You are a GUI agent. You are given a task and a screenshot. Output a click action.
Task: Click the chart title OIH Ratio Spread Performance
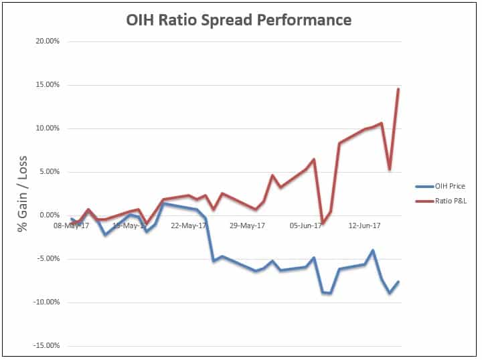[239, 20]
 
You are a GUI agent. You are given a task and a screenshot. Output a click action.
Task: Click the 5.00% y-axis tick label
[48, 172]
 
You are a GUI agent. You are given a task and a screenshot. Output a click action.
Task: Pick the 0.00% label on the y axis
[48, 215]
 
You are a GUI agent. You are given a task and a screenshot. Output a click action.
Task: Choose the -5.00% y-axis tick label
[48, 259]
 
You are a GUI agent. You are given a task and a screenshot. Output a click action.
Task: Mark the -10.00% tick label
[46, 302]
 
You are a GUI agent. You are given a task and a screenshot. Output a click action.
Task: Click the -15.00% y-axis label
[46, 346]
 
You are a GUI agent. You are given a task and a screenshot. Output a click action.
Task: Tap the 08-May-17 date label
[72, 226]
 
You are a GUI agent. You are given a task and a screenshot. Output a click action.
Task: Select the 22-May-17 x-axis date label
[189, 226]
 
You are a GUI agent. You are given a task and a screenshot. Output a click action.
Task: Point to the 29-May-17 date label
[247, 226]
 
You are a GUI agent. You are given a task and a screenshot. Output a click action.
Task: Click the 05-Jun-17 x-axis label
[305, 226]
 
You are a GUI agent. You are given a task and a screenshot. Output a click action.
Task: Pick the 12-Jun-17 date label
[364, 226]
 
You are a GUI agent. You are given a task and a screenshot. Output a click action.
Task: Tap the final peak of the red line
[398, 89]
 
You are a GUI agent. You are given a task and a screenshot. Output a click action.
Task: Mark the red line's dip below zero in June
[323, 223]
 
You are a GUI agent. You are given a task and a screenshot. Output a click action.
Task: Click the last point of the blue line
[398, 282]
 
